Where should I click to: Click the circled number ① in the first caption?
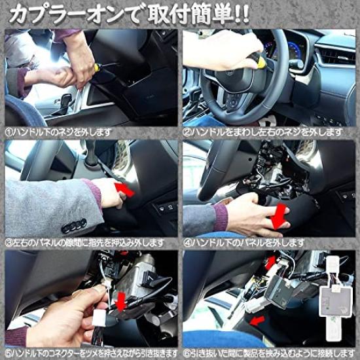pyautogui.click(x=8, y=132)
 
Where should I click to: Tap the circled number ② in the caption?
pyautogui.click(x=187, y=132)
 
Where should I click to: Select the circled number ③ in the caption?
pyautogui.click(x=8, y=242)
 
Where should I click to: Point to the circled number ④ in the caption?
pyautogui.click(x=187, y=242)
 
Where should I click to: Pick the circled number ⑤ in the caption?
pyautogui.click(x=8, y=352)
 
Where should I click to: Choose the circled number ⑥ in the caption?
pyautogui.click(x=187, y=352)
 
